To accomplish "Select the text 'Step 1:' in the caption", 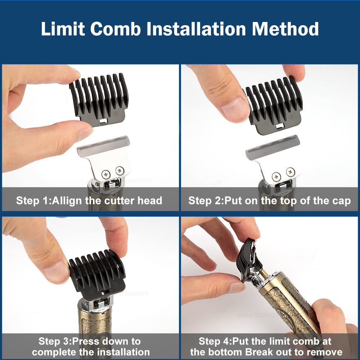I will tap(33, 201).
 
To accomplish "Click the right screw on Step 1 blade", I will tap(119, 170).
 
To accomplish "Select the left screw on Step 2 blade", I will tap(276, 176).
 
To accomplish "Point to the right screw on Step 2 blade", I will tap(290, 172).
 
